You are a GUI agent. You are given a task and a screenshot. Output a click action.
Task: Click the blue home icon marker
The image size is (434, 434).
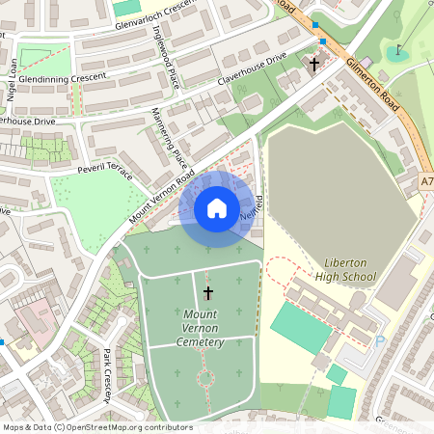pyautogui.click(x=217, y=208)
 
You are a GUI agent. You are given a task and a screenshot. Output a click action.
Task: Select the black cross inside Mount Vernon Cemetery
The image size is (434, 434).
pyautogui.click(x=207, y=291)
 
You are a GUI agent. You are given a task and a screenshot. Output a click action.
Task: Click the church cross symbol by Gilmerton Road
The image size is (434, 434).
pyautogui.click(x=312, y=64)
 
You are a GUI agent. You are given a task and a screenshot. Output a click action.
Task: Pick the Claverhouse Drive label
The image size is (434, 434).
pyautogui.click(x=253, y=68)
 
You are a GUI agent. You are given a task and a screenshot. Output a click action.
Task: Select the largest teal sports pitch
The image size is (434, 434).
pyautogui.click(x=300, y=329)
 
